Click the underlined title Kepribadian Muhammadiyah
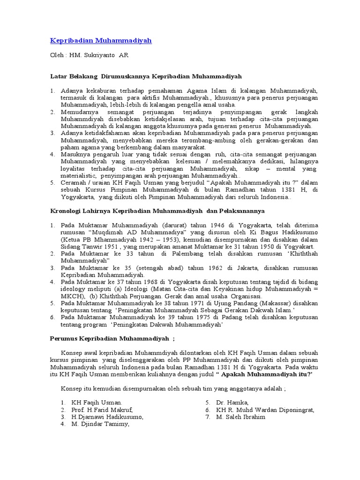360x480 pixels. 101,41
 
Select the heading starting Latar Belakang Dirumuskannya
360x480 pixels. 146,75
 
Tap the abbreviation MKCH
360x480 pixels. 71,296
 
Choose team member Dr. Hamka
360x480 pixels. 232,403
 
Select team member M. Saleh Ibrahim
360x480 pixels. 240,417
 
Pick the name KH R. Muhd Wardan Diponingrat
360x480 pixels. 265,410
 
